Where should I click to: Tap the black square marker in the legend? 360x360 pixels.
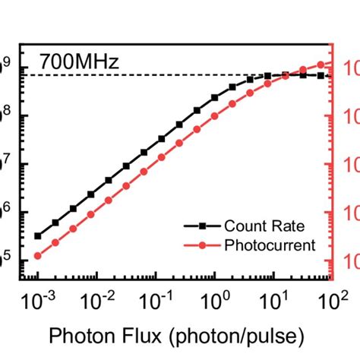203,226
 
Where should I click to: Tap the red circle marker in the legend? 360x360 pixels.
203,245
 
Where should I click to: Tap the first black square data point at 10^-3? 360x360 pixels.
38,235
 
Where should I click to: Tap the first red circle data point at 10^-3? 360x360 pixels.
38,256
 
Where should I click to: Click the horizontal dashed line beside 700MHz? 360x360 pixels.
152,75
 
